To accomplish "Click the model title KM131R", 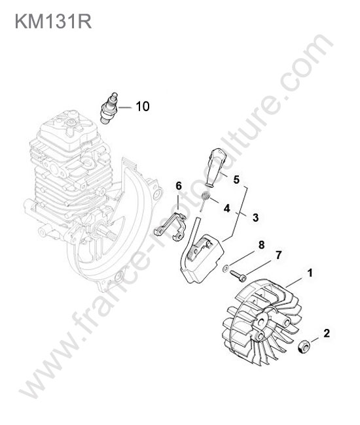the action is [x=53, y=21].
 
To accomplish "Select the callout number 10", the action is [x=143, y=106].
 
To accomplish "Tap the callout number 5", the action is [x=236, y=179].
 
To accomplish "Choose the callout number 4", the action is [x=226, y=208].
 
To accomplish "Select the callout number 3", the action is [x=255, y=217].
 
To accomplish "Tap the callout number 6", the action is [x=179, y=186].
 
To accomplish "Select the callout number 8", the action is [x=262, y=245].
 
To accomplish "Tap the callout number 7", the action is [x=279, y=255].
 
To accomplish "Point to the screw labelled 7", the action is [x=238, y=276].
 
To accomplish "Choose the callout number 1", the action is [x=310, y=273].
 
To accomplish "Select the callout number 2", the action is [x=327, y=333].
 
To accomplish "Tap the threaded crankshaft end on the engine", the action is [x=108, y=233].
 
